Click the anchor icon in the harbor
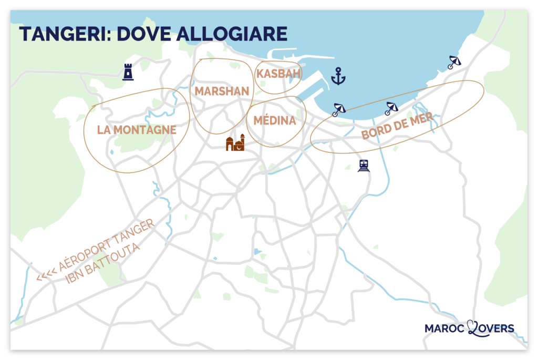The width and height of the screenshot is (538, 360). point(338,77)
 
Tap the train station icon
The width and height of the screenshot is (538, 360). point(363,166)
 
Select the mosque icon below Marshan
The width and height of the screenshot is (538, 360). point(235,143)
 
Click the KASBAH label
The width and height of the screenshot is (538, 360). point(278,74)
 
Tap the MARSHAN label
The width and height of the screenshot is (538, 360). point(222,91)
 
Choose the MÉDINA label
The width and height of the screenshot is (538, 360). point(275,121)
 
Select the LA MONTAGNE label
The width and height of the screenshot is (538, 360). point(137,130)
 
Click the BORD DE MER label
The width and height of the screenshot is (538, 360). point(397,126)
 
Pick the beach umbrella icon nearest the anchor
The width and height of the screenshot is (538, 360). point(339,109)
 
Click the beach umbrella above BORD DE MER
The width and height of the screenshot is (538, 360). point(391,108)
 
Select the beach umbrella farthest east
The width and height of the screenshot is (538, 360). point(454,63)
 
